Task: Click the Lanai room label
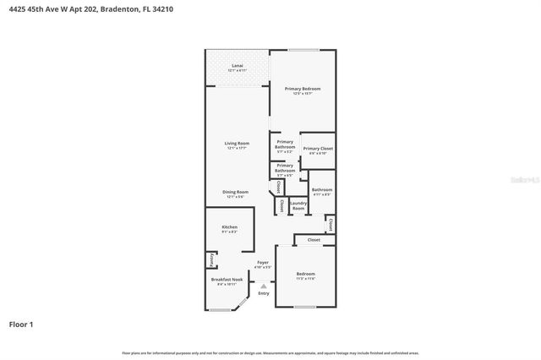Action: coord(238,67)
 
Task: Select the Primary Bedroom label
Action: coord(303,89)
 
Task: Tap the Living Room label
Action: coord(237,144)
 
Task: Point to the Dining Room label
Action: coord(236,192)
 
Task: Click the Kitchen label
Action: coord(230,227)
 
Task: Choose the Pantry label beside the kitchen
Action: coord(210,260)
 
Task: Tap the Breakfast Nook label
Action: coord(227,281)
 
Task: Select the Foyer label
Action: coord(264,263)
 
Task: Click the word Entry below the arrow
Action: coord(264,293)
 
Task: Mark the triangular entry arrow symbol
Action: coord(264,286)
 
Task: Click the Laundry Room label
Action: coord(298,205)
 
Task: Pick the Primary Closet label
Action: coord(318,149)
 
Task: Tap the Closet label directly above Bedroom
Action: coord(314,240)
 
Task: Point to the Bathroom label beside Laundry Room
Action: coord(321,190)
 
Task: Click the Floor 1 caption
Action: coord(22,324)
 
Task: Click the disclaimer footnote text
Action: coord(270,352)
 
